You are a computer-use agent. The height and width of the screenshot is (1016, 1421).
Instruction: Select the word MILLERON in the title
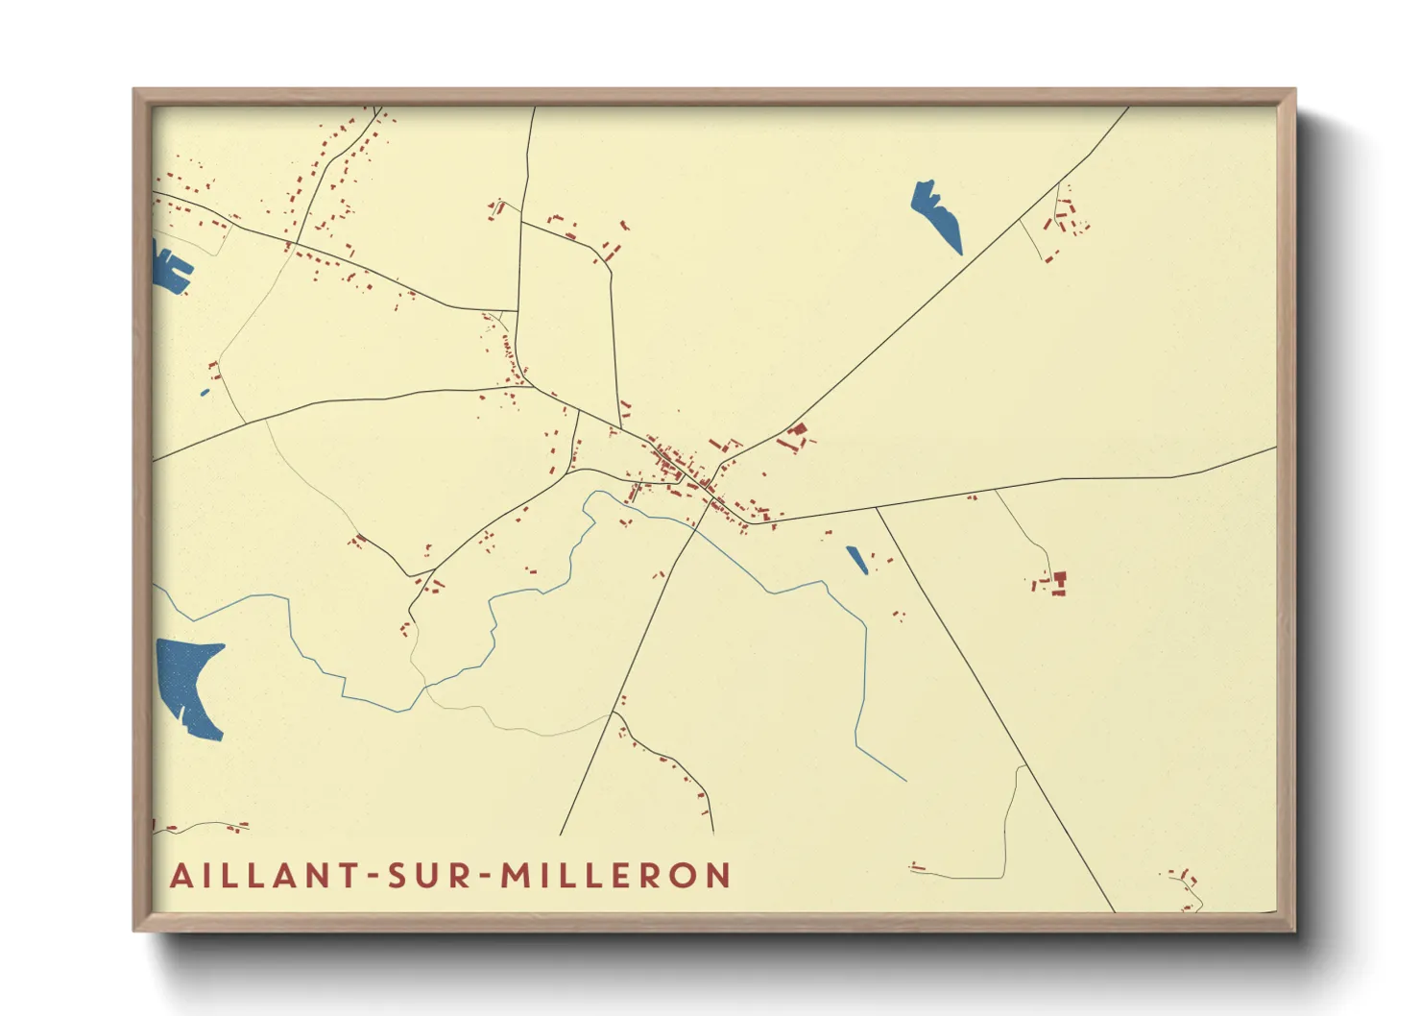[x=616, y=876]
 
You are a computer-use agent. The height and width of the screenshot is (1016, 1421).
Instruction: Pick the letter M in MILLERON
[x=516, y=876]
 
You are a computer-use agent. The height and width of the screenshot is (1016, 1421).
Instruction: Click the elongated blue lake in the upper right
[x=936, y=215]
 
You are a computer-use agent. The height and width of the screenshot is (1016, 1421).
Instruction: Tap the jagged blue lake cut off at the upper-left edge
[x=170, y=266]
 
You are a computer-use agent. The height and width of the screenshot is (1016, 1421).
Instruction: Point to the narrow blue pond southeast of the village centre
[x=856, y=560]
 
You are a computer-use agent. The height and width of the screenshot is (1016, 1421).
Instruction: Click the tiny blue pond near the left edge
[x=205, y=392]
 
